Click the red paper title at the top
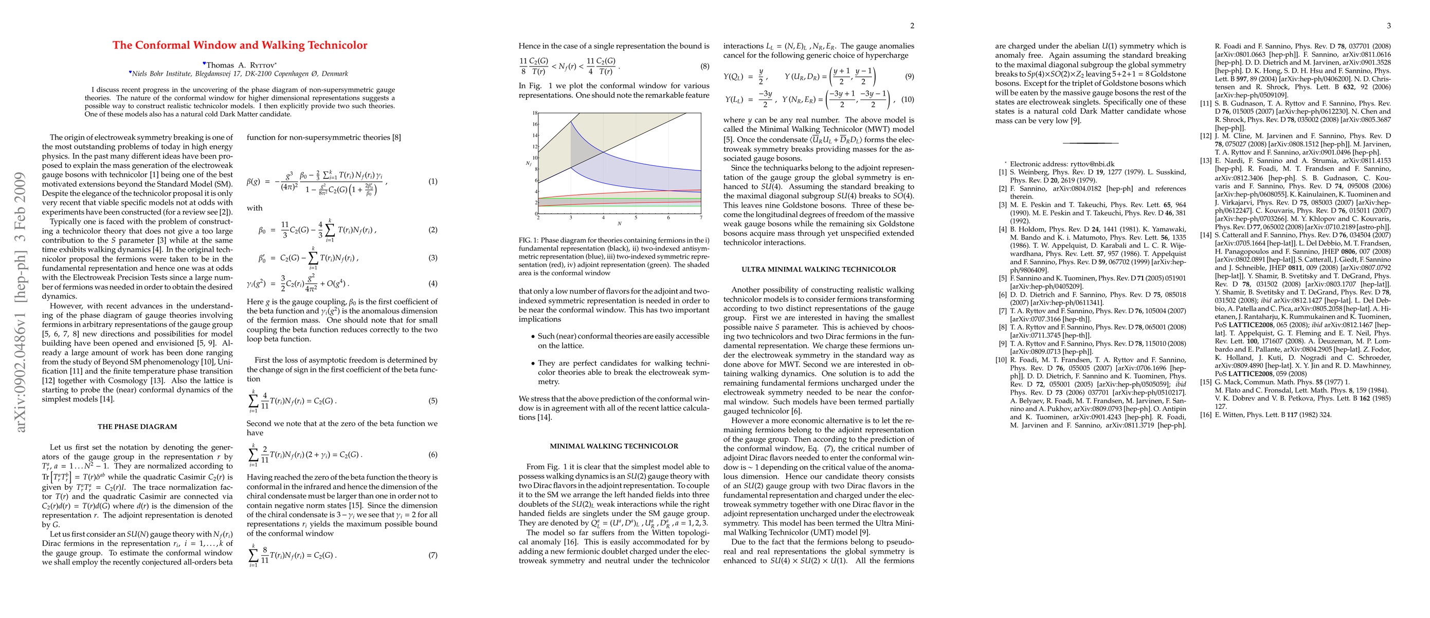point(240,45)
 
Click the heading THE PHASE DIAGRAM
point(137,427)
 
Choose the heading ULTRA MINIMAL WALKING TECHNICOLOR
point(818,269)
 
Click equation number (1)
point(432,181)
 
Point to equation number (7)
point(432,555)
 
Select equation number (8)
point(704,66)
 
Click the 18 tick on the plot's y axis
point(535,113)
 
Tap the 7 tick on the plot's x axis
point(700,218)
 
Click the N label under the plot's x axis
point(619,224)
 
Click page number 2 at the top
point(912,26)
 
